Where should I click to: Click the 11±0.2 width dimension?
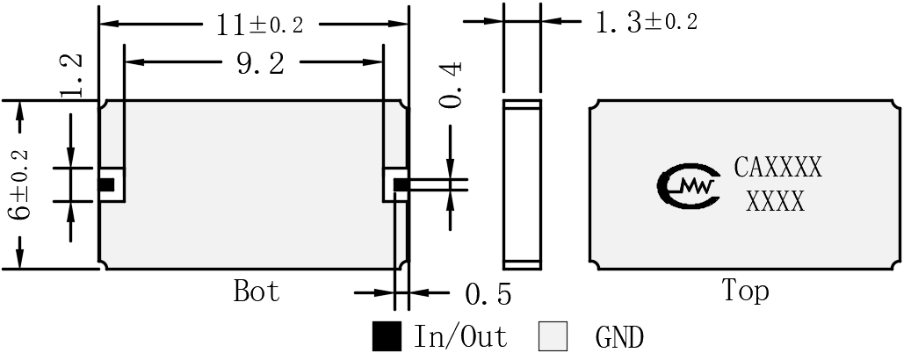tap(260, 25)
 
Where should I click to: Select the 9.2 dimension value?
tap(261, 62)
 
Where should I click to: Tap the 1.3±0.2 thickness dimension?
tap(646, 23)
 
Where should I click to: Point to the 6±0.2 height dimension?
tap(19, 184)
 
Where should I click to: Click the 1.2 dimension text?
tap(71, 76)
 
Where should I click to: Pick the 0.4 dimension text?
tap(451, 85)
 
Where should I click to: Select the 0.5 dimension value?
tap(488, 294)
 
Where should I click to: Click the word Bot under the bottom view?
tap(257, 291)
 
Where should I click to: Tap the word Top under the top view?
tap(746, 291)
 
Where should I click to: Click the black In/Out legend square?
tap(387, 336)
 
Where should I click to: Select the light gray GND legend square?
tap(553, 336)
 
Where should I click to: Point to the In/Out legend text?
tap(460, 336)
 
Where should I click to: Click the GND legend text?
tap(619, 337)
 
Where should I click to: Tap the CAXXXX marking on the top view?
tap(778, 167)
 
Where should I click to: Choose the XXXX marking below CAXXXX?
tap(776, 202)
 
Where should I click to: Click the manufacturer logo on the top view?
tap(689, 186)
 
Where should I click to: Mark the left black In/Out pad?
tap(105, 184)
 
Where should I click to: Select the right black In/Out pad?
tap(401, 184)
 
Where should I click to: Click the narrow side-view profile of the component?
tap(523, 184)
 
